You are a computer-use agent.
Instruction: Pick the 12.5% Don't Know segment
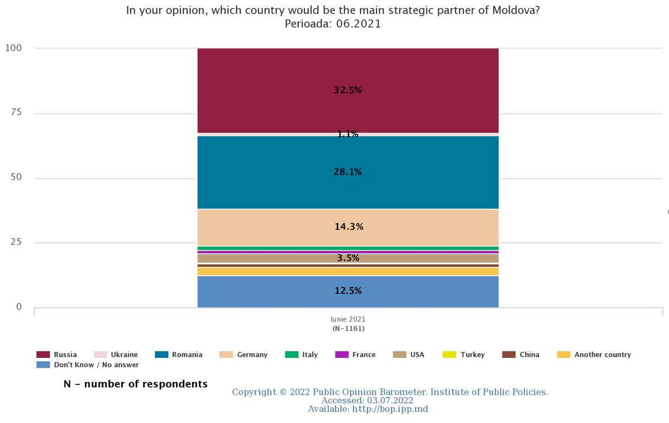[348, 292]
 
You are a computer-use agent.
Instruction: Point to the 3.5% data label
[348, 258]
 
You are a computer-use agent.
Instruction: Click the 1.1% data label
[348, 134]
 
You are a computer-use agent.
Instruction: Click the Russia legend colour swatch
[43, 354]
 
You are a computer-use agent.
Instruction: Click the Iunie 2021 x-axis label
[348, 319]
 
